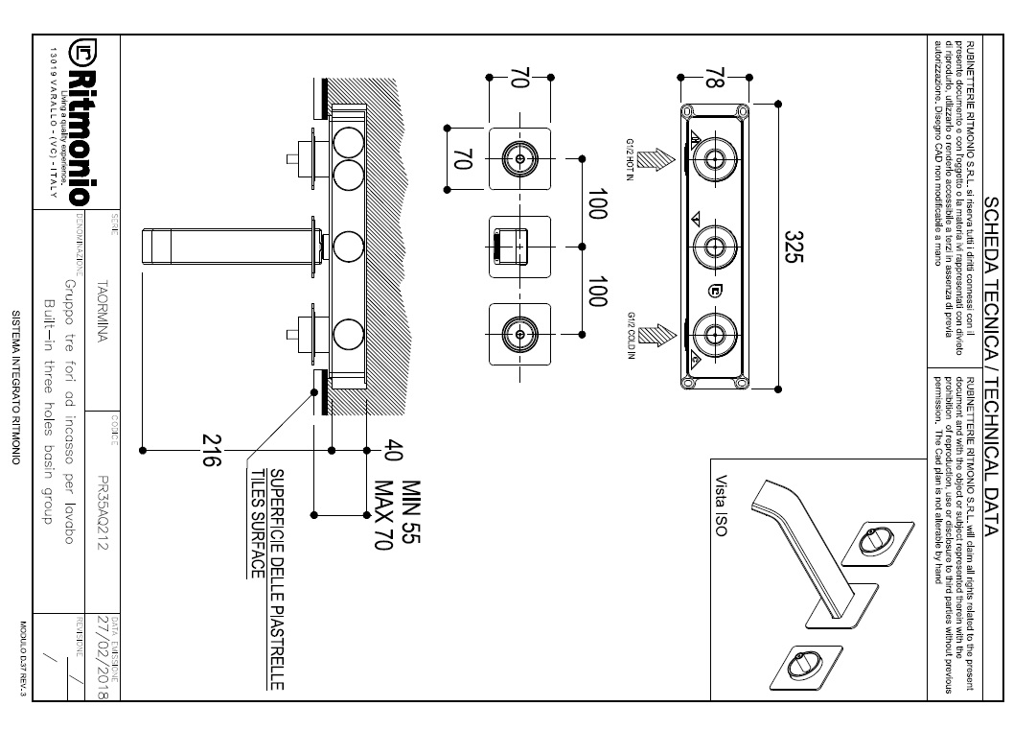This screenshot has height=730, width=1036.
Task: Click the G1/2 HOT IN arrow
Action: coord(657,158)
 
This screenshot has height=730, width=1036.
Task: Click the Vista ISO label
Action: coord(720,505)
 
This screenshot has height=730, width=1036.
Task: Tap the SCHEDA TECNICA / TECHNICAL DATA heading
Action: coord(993,365)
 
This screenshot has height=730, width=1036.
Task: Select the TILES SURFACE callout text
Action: coord(256,522)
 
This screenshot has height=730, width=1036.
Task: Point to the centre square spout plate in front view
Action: coord(518,247)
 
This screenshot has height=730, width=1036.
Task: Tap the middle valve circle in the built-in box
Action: coord(714,247)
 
